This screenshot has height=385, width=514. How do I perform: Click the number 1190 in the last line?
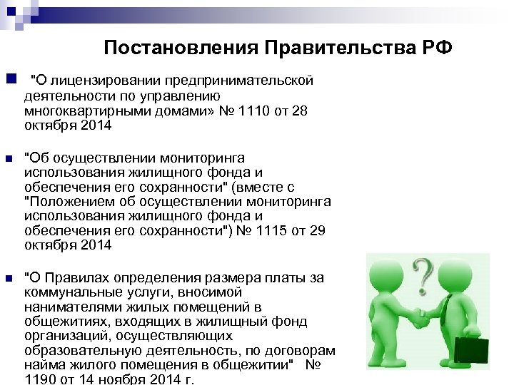coord(41,379)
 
